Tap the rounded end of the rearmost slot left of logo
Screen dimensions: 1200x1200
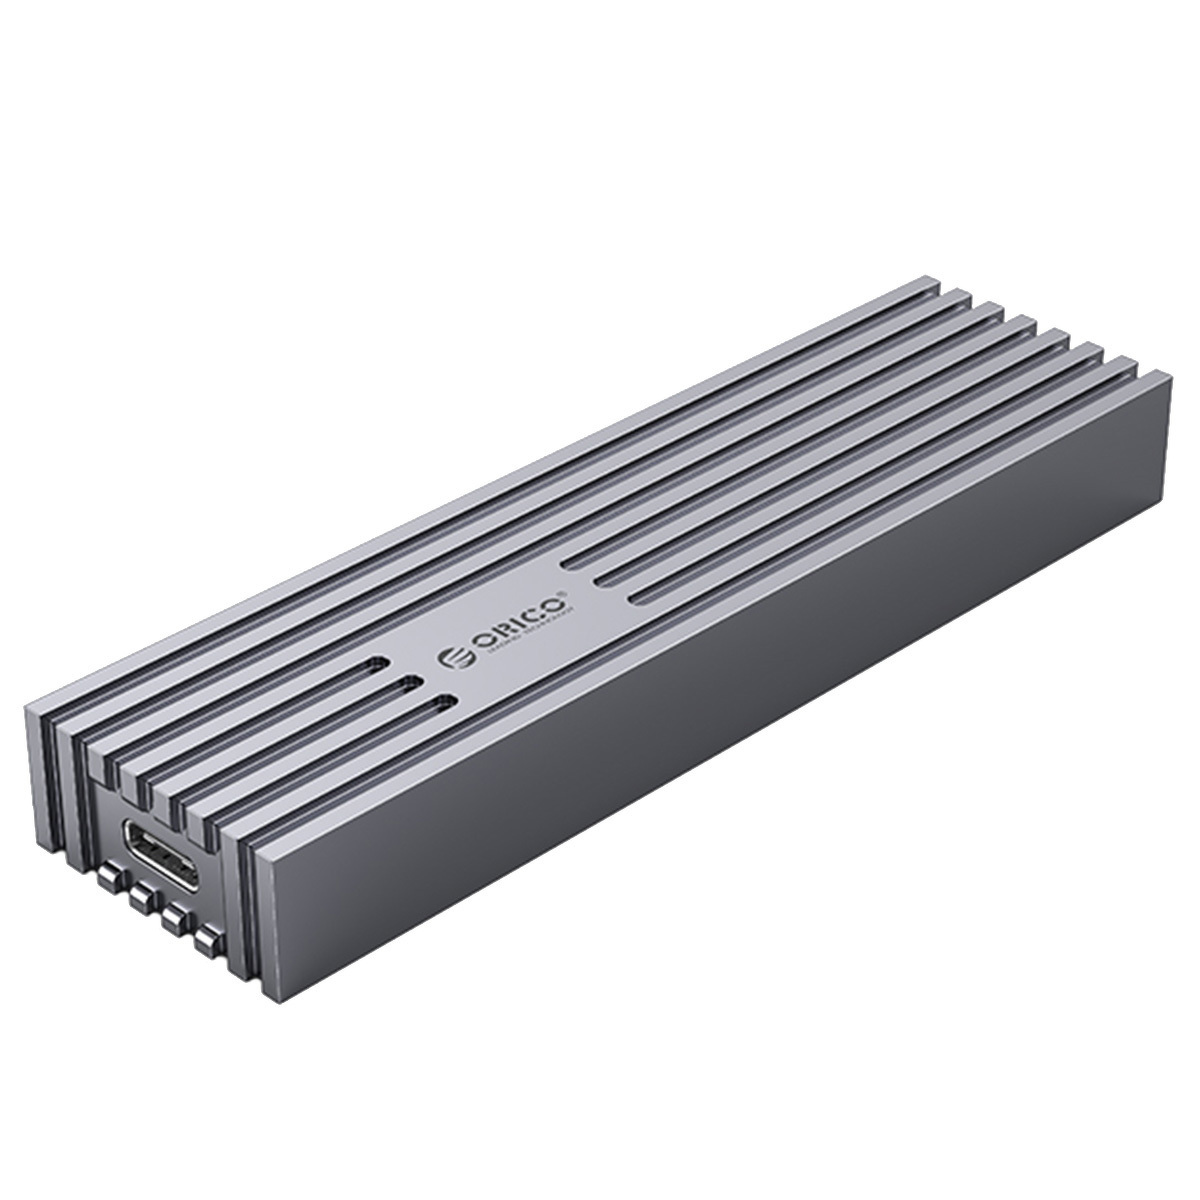(378, 666)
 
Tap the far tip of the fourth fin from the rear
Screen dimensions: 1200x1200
(1030, 326)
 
